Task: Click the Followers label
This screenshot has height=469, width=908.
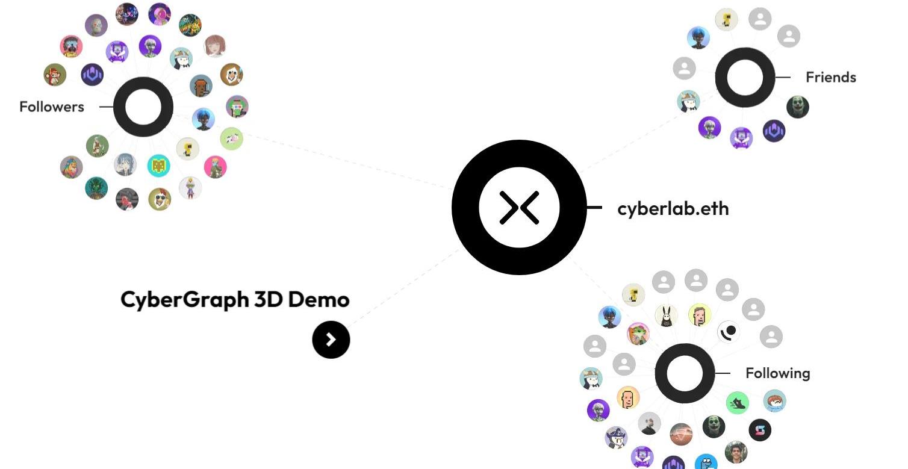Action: [52, 107]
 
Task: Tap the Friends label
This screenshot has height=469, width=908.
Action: [830, 78]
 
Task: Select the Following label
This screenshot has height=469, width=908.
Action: [777, 373]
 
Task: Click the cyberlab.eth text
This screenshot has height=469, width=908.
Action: [673, 209]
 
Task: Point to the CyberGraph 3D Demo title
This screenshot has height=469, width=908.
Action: [235, 299]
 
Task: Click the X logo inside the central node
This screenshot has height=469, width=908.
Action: [519, 208]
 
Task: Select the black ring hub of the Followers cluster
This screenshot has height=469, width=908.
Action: [143, 107]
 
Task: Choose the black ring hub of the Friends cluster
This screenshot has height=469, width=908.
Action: [745, 78]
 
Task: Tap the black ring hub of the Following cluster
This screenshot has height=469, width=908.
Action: [685, 373]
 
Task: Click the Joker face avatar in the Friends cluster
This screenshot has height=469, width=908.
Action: [798, 107]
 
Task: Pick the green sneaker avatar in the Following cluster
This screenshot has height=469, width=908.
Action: [738, 402]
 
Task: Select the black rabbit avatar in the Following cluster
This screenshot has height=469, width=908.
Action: [666, 315]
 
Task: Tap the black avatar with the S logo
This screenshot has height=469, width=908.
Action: [760, 430]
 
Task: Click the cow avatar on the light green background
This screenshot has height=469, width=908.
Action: [231, 138]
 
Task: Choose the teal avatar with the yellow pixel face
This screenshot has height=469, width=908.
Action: [158, 166]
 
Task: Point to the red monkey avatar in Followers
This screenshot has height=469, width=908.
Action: [55, 75]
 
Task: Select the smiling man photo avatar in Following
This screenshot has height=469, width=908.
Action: [735, 452]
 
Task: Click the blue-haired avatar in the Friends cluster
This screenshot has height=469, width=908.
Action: [698, 38]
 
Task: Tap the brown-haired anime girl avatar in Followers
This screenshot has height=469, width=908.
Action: [215, 46]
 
